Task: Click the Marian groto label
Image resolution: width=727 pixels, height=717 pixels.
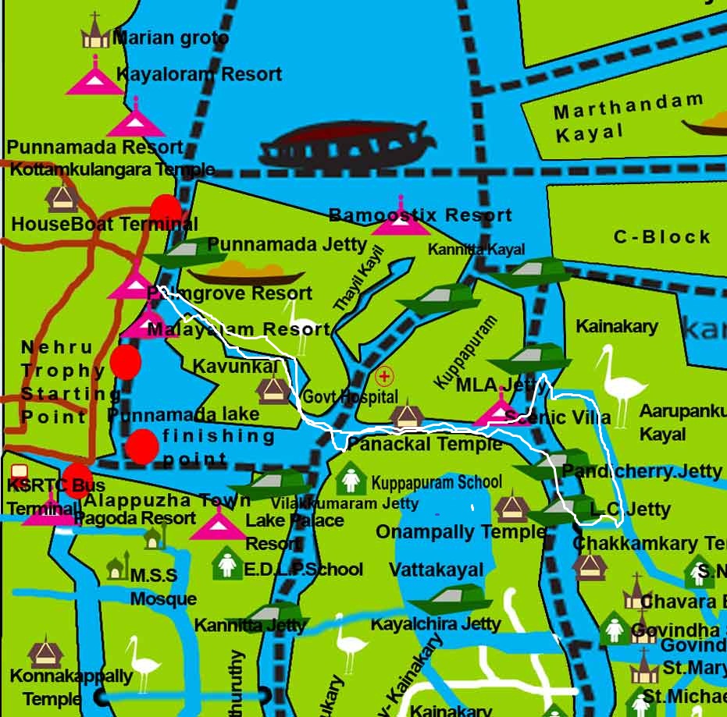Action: [170, 37]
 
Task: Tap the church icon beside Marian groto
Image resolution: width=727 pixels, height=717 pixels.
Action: [94, 33]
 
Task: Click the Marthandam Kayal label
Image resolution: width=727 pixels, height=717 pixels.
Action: [628, 118]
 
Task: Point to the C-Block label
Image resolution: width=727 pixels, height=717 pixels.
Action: [661, 236]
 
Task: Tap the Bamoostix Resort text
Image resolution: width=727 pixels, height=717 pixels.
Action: [420, 215]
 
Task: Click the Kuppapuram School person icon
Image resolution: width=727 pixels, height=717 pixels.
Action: [351, 480]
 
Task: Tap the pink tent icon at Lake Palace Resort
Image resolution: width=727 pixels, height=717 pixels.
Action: [218, 524]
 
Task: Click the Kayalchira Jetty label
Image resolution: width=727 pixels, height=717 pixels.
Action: [435, 625]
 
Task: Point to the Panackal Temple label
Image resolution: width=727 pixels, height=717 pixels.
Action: [424, 444]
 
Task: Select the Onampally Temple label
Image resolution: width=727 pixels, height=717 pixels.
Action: [461, 532]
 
